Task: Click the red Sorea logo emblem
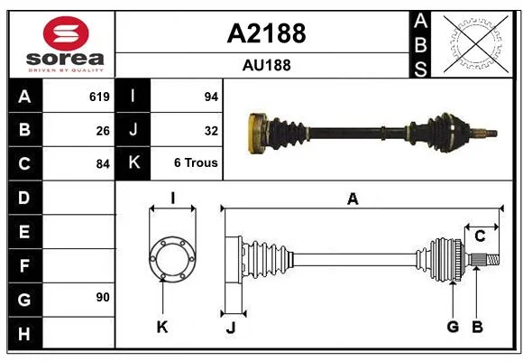pyautogui.click(x=66, y=33)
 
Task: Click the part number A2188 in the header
pyautogui.click(x=266, y=33)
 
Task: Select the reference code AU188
pyautogui.click(x=267, y=65)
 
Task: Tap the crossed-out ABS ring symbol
pyautogui.click(x=476, y=43)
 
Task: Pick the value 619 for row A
pyautogui.click(x=99, y=97)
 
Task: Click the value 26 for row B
pyautogui.click(x=103, y=131)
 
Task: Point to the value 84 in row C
pyautogui.click(x=103, y=164)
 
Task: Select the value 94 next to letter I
pyautogui.click(x=211, y=97)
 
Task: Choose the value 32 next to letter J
pyautogui.click(x=211, y=131)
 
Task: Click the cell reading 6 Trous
pyautogui.click(x=196, y=163)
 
